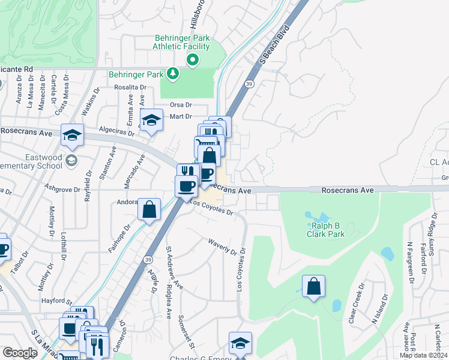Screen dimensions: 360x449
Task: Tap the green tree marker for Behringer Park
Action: (x=173, y=74)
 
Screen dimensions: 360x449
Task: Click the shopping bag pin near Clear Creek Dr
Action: (x=313, y=286)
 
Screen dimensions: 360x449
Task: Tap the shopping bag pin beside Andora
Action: (x=149, y=209)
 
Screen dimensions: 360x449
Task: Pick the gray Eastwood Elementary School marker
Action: (x=72, y=160)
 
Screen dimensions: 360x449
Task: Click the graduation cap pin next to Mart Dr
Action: (x=151, y=120)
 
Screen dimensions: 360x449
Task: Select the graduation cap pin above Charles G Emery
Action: (x=240, y=343)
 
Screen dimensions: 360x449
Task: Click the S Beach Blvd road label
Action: (x=275, y=45)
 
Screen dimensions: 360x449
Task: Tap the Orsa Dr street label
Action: (x=180, y=104)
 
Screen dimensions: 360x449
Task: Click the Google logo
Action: (x=20, y=353)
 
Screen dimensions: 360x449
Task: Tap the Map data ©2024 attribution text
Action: (x=423, y=355)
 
